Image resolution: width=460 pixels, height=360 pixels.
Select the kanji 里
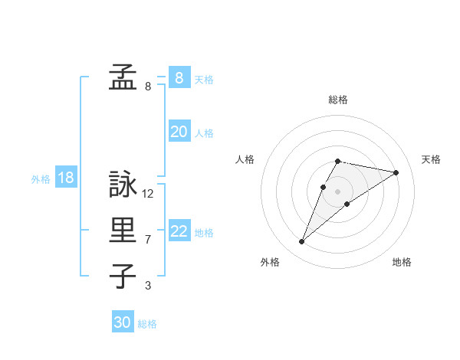coord(123,231)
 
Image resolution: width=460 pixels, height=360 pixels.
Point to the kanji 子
coord(123,276)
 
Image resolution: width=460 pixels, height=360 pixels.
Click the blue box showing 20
coord(179,132)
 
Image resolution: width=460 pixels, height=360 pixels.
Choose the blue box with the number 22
coord(179,231)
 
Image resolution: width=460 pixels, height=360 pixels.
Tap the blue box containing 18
coord(66,178)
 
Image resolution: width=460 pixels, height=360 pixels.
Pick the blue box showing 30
coord(123,322)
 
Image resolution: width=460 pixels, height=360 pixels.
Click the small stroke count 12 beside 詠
coord(148,194)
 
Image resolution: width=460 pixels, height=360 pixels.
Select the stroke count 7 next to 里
coord(148,240)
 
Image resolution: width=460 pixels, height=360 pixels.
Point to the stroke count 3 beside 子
coord(148,286)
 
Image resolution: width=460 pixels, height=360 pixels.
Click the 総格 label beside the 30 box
coord(147,324)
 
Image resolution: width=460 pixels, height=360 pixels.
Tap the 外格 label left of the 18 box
coord(41,179)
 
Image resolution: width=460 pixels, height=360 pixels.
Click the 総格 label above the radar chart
coord(338,100)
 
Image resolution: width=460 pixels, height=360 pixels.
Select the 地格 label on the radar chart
coord(402,262)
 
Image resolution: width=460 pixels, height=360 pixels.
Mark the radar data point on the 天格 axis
coord(396,172)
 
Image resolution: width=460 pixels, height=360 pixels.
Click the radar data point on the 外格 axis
coord(301,242)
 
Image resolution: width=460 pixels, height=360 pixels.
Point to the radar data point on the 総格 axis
coord(338,161)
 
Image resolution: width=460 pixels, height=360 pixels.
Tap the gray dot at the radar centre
coord(338,191)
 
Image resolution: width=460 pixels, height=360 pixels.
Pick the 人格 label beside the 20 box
coord(204,133)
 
